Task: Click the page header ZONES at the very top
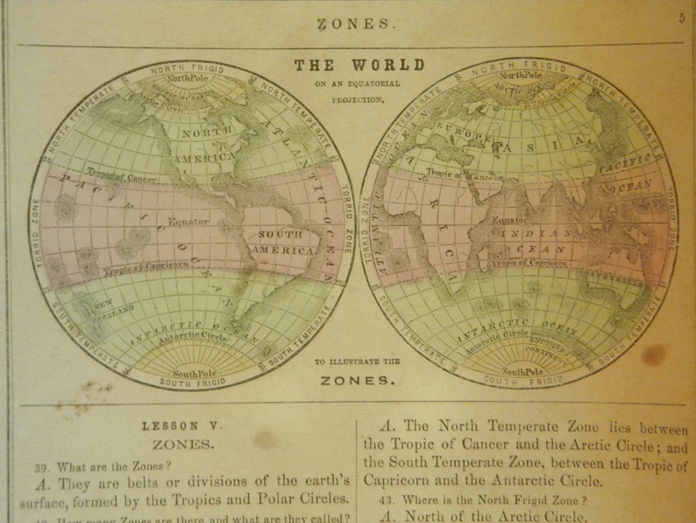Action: (356, 24)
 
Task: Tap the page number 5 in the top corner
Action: (681, 18)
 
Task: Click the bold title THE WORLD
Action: (359, 65)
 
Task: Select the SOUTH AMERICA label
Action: (278, 242)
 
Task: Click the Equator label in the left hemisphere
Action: (188, 221)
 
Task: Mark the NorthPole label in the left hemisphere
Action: (190, 78)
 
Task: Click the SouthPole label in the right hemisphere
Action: (522, 371)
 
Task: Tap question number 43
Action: (387, 498)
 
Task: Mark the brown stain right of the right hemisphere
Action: (653, 354)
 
